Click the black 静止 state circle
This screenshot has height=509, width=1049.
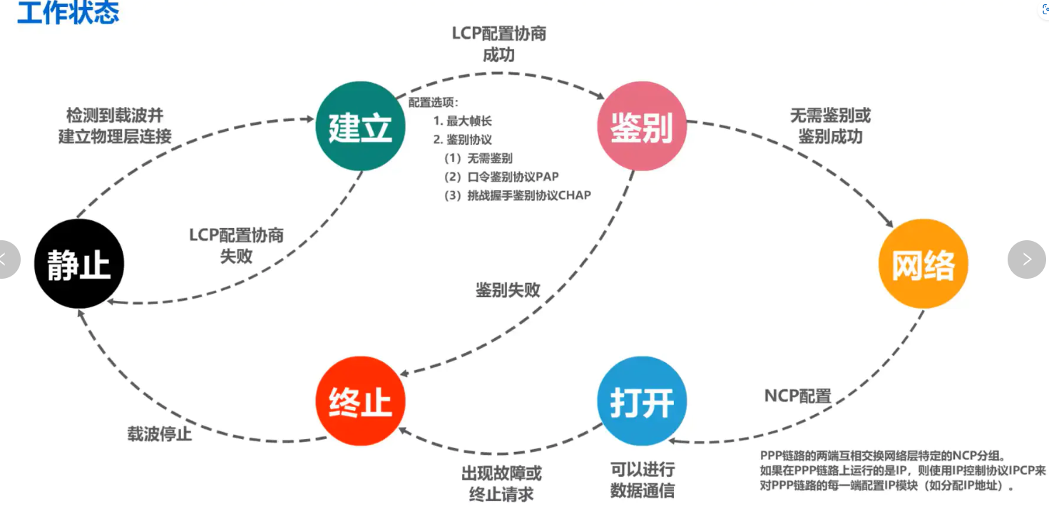coord(79,264)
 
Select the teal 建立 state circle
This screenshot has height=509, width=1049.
coord(360,126)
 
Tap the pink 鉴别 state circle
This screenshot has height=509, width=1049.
coord(642,126)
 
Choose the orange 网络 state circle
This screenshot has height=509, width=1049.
coord(923,264)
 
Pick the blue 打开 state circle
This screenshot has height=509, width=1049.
coord(642,402)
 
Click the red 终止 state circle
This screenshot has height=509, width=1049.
coord(360,402)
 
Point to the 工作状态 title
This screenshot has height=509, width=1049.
coord(68,13)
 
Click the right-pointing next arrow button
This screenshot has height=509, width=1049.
coord(1026,259)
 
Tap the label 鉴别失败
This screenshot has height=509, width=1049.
coord(508,290)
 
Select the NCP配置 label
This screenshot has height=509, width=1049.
coord(798,396)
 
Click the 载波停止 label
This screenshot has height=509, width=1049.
coord(160,433)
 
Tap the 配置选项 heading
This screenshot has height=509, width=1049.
coord(434,102)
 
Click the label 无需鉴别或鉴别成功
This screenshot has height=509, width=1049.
coord(830,125)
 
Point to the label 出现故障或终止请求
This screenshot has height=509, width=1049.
coord(501,483)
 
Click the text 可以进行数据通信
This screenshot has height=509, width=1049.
coord(642,480)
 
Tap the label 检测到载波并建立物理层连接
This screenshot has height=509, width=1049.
coord(115,125)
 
